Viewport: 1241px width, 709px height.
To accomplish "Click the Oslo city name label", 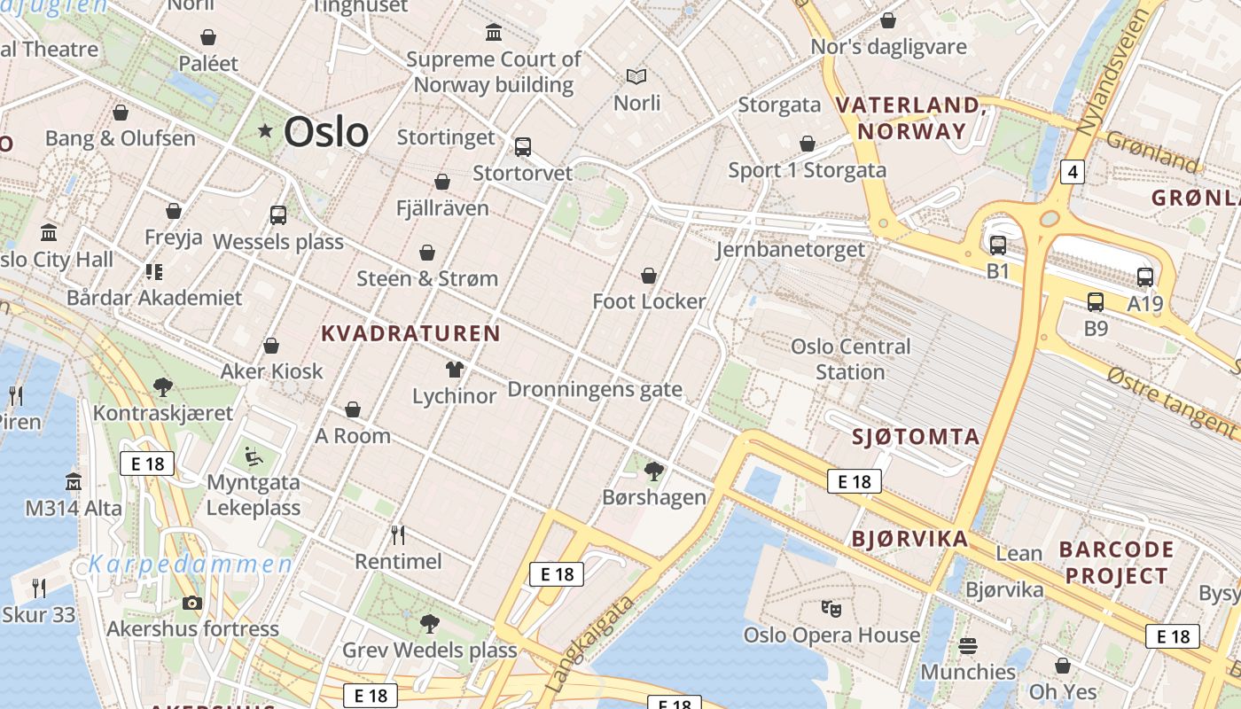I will (326, 132).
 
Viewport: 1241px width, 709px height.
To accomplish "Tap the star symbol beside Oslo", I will (265, 131).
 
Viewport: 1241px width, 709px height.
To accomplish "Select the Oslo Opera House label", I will (831, 635).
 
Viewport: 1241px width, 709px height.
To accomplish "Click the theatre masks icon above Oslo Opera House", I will (831, 608).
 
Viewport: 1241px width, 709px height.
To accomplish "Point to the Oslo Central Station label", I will (850, 359).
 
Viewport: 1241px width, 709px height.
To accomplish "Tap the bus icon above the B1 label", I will (998, 245).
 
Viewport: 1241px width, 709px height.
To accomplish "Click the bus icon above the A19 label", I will (1145, 277).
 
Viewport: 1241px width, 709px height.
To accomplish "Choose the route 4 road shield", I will (1072, 171).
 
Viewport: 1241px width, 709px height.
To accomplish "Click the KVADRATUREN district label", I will (410, 333).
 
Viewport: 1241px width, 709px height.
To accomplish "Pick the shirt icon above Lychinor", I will (455, 369).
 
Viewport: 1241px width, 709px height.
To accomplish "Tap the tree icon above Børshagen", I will (654, 471).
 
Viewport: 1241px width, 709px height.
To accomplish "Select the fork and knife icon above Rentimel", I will (398, 534).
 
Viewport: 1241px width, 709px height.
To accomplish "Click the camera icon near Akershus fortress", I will (192, 603).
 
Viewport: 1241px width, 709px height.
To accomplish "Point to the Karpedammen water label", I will (190, 565).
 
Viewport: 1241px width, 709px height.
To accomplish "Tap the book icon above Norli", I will (636, 76).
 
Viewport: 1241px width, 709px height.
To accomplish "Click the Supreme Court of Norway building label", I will (494, 72).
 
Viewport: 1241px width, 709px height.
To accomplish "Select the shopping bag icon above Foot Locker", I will (649, 276).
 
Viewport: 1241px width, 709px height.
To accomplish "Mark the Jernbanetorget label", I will (790, 250).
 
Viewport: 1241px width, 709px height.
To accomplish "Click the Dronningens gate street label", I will (595, 389).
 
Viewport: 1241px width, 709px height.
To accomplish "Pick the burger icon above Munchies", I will (968, 645).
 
